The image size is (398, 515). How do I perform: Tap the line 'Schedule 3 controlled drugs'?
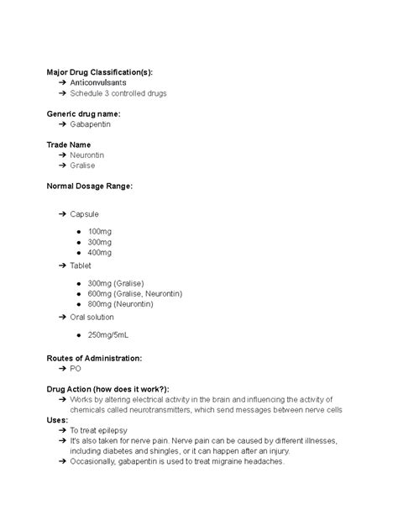[118, 93]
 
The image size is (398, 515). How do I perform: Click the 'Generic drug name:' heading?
[83, 113]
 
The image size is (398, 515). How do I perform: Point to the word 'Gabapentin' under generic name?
[90, 124]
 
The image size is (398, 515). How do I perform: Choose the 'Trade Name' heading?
[69, 145]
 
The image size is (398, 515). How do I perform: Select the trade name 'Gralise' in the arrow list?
[83, 166]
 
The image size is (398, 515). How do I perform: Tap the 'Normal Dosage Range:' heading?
[89, 186]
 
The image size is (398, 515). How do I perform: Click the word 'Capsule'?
[85, 214]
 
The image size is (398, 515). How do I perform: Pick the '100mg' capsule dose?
[99, 231]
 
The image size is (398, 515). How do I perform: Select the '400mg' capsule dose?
[99, 252]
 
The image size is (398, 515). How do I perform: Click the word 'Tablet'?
[81, 265]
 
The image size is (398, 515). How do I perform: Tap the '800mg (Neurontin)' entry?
[123, 303]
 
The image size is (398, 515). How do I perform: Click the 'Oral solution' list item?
[94, 318]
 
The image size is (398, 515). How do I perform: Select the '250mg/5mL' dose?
[108, 335]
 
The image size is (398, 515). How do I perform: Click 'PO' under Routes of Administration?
[76, 369]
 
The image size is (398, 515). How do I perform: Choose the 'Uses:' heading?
[57, 420]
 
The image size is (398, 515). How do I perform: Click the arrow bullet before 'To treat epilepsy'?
[63, 430]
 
